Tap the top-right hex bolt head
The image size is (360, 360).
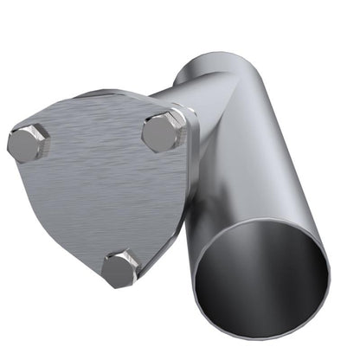162,132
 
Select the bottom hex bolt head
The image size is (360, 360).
119,269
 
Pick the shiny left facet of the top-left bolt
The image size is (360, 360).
15,145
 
